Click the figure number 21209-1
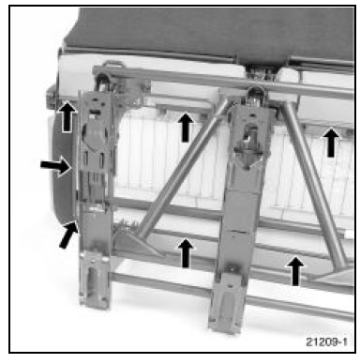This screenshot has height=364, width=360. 326,341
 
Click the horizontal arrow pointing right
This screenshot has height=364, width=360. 55,166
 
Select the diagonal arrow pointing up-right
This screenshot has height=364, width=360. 68,235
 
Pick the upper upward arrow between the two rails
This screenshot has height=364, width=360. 186,128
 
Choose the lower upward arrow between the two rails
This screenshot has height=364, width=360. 186,253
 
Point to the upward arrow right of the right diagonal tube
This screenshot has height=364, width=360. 331,143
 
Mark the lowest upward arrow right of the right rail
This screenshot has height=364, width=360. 295,271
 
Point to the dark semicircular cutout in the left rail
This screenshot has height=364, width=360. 96,134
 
